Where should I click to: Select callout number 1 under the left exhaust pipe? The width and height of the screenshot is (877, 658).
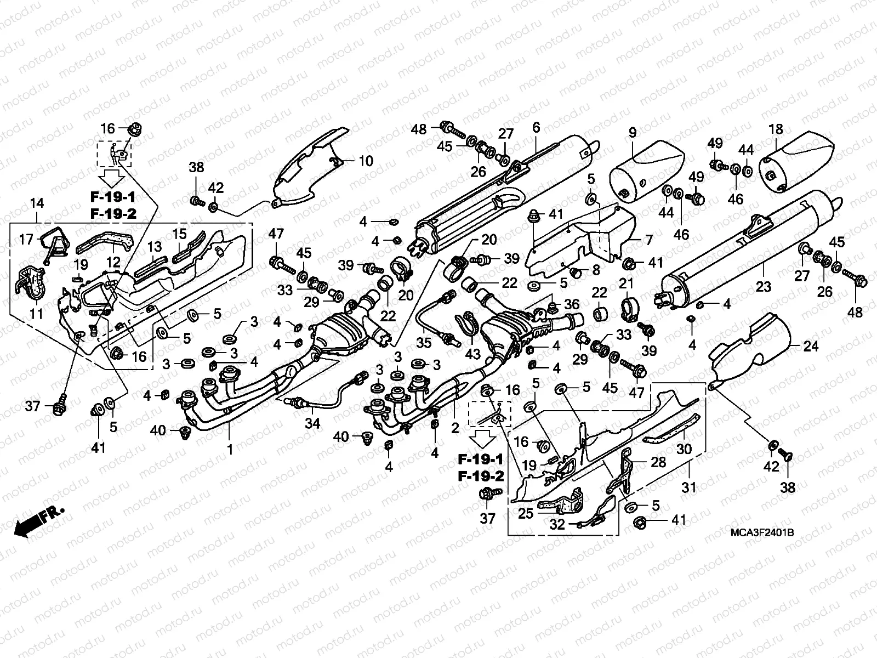[230, 450]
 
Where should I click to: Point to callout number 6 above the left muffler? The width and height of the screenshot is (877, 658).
[536, 128]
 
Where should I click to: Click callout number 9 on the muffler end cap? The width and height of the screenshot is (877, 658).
[632, 132]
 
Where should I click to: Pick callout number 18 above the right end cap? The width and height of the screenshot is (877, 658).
[776, 131]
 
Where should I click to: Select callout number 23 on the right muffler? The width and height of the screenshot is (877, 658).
[764, 286]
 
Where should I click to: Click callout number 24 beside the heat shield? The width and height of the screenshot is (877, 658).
[811, 347]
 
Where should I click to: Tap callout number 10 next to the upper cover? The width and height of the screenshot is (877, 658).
[366, 161]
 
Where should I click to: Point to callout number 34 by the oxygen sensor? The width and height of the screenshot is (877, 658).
[311, 423]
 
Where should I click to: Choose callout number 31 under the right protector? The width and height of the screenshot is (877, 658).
[688, 486]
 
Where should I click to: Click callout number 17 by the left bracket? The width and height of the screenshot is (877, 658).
[26, 239]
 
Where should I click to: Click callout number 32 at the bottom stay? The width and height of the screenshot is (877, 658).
[557, 525]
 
